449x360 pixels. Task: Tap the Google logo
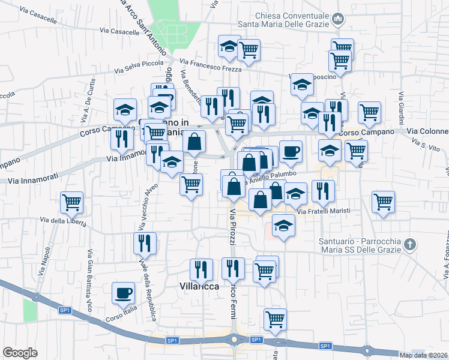[20, 353]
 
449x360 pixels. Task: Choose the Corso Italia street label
[122, 311]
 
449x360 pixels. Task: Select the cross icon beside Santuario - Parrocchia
[409, 244]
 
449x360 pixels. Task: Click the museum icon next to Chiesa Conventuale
[337, 20]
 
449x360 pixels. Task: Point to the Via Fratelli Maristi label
[324, 211]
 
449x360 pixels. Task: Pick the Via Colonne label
[427, 131]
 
